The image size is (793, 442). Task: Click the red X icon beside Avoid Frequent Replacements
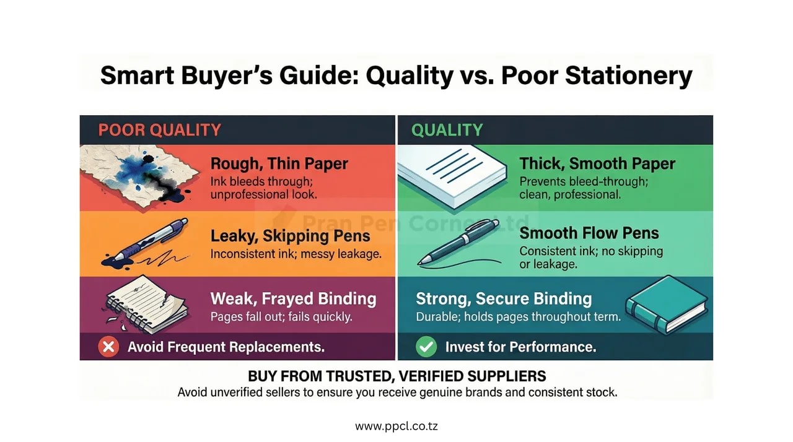pos(108,347)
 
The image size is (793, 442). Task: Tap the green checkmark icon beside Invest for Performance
pos(426,347)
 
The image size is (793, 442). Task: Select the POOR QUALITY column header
pos(159,130)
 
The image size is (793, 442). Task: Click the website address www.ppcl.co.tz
pos(396,427)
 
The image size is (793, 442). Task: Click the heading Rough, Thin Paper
pos(279,164)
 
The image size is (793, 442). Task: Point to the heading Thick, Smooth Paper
pos(597,164)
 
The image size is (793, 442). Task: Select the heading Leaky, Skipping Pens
pos(290,236)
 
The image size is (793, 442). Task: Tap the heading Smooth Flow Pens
pos(589,233)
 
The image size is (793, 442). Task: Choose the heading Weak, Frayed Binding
pos(293,299)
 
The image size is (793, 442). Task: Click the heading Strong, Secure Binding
pos(504,299)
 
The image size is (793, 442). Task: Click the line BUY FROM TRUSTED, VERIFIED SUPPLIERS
pos(396,376)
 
